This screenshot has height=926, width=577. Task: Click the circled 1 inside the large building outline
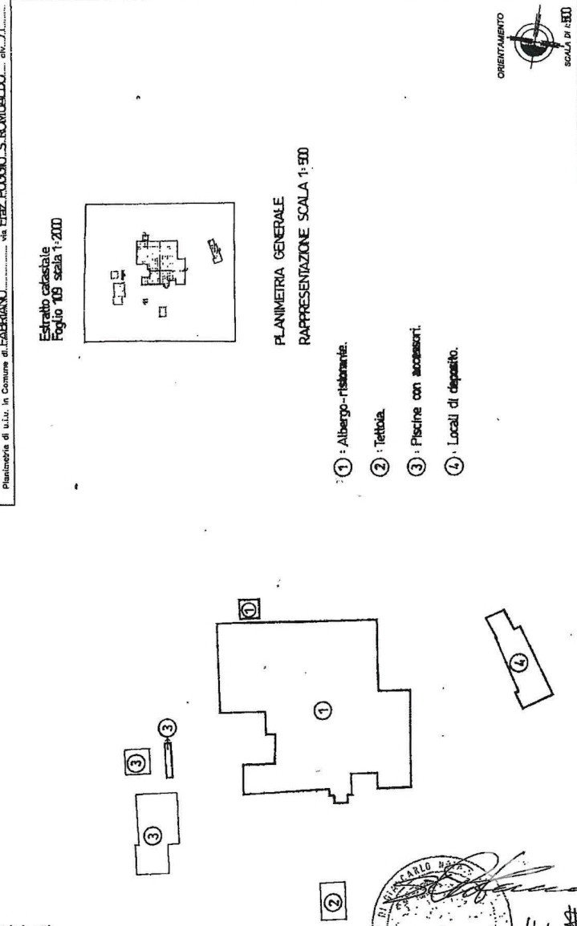[320, 708]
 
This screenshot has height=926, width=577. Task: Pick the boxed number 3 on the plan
[136, 761]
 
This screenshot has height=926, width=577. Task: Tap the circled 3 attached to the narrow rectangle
[167, 727]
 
